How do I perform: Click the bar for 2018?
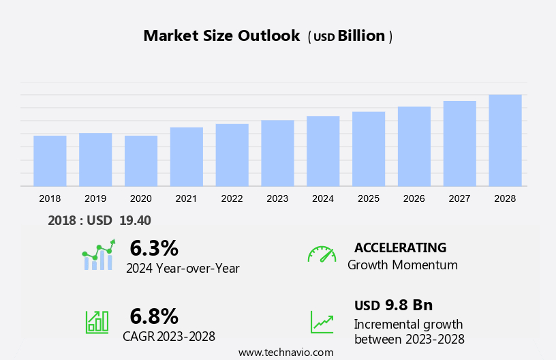[x=50, y=161]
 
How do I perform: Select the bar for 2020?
[x=141, y=161]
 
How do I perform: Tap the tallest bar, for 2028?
[x=505, y=140]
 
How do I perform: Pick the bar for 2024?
[x=323, y=151]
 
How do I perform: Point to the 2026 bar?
[x=414, y=146]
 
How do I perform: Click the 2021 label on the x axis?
[x=186, y=198]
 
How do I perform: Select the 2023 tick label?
[x=277, y=198]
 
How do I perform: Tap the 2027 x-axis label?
[x=459, y=198]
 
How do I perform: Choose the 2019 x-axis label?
[x=95, y=198]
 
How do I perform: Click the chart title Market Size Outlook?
[x=221, y=36]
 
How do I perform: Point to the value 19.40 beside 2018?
[x=135, y=220]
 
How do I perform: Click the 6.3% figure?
[x=154, y=248]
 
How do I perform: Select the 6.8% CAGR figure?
[x=154, y=316]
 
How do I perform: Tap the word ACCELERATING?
[x=400, y=247]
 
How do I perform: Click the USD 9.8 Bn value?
[x=393, y=305]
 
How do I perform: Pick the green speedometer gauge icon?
[x=322, y=254]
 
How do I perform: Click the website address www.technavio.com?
[x=286, y=352]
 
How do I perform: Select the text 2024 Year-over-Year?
[x=183, y=268]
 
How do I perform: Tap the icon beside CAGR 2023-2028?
[x=96, y=321]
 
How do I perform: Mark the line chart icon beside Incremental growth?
[x=322, y=322]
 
